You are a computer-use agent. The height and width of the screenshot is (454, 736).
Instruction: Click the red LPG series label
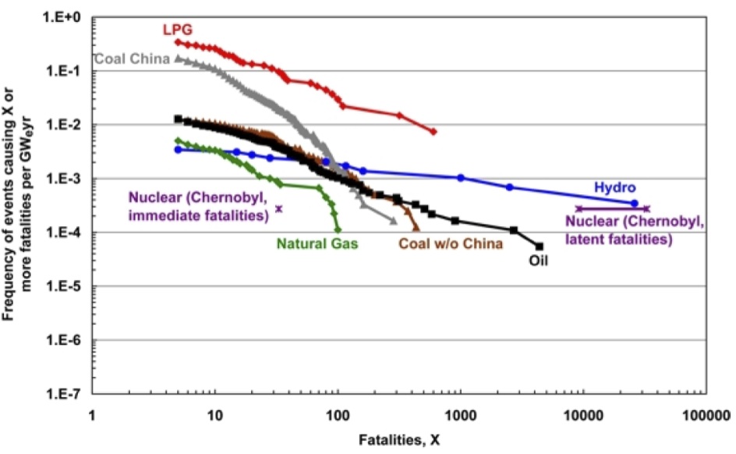point(177,30)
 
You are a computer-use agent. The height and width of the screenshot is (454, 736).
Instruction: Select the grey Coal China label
point(131,59)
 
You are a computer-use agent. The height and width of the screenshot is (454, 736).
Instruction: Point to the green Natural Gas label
point(317,243)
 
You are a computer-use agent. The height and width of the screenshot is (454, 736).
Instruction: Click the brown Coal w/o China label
point(451,243)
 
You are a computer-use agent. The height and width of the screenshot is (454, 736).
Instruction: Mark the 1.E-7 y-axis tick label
point(68,395)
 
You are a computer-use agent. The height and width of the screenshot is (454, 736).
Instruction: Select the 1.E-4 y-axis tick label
point(68,232)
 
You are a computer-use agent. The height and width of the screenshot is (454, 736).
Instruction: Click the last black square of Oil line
point(540,247)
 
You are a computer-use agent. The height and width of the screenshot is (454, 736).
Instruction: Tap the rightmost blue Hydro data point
point(635,203)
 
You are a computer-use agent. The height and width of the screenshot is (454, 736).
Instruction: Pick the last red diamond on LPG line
point(433,132)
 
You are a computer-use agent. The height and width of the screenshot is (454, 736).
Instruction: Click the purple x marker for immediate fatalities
point(278,209)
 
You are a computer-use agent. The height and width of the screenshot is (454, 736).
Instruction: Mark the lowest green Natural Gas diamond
point(338,230)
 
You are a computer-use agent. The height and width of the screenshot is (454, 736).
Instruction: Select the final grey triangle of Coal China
point(394,222)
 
